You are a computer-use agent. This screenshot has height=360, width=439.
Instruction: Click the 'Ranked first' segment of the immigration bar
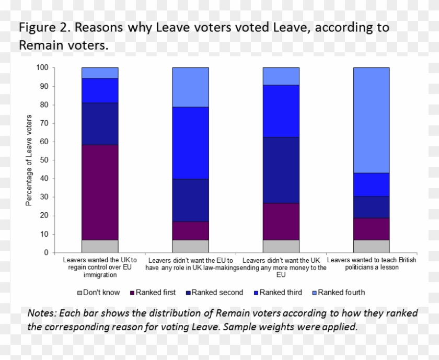point(100,192)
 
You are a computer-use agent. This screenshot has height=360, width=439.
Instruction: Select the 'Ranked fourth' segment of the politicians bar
point(371,120)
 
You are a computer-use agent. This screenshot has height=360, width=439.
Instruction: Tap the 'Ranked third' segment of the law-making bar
point(191,143)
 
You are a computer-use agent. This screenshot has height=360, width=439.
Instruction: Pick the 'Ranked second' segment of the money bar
point(281,170)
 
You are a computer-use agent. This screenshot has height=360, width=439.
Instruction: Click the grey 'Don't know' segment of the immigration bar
point(100,246)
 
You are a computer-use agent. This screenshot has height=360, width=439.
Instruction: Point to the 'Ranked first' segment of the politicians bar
point(371,229)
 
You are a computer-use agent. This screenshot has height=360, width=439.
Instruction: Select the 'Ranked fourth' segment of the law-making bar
point(191,87)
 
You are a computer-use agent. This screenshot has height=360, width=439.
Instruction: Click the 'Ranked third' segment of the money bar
point(281,111)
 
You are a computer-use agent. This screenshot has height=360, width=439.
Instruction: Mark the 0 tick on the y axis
point(46,253)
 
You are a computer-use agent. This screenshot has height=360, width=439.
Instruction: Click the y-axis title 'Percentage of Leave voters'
point(29,160)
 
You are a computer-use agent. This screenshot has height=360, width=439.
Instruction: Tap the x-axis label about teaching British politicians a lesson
point(371,263)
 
